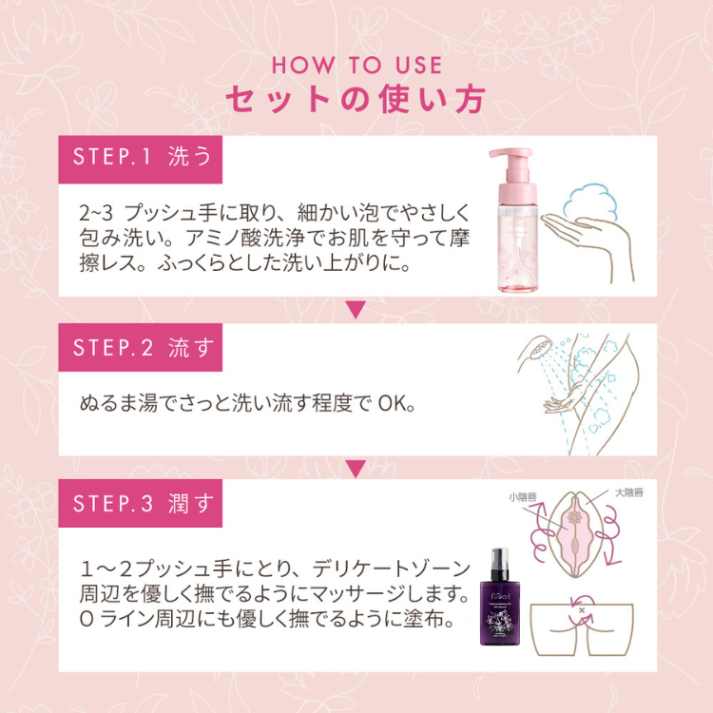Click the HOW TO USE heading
click(356, 66)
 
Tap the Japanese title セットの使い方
click(356, 99)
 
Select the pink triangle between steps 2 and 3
click(356, 468)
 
